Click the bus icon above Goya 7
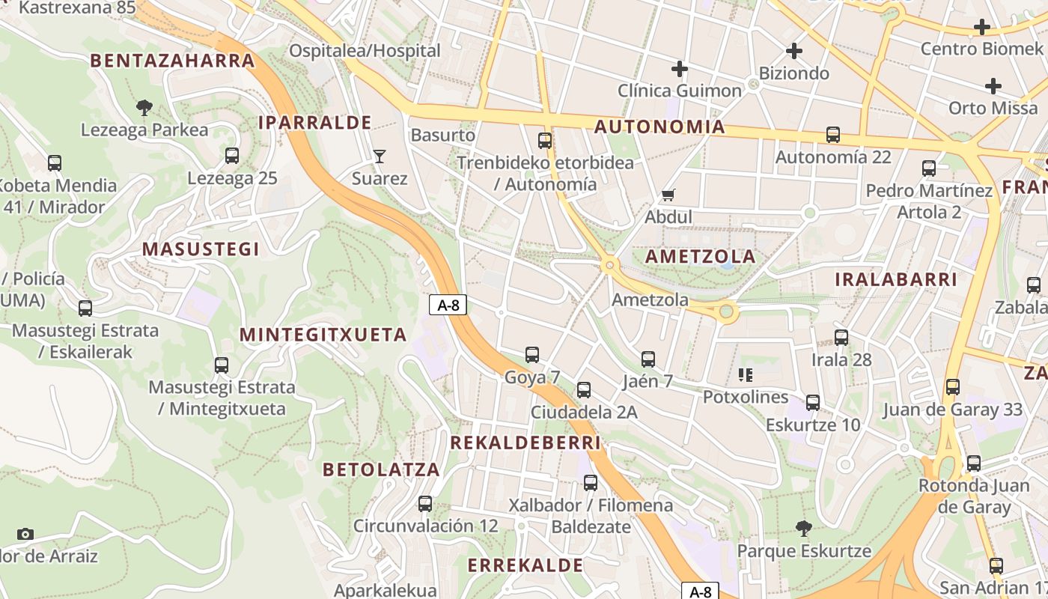[532, 355]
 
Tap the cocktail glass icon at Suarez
[380, 156]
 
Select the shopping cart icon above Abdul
[668, 195]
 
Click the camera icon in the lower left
[25, 534]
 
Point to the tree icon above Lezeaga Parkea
[144, 108]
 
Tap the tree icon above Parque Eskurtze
[804, 529]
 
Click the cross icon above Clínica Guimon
[680, 70]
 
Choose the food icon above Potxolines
[745, 374]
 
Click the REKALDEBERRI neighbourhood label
[525, 443]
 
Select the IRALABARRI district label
[896, 279]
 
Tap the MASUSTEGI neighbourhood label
[201, 249]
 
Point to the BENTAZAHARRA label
[173, 61]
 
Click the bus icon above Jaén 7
[648, 359]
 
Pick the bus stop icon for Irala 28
[841, 338]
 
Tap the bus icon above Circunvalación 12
[425, 504]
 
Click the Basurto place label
[443, 135]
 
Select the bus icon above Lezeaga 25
[232, 156]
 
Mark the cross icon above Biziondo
[794, 52]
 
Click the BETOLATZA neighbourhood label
[381, 469]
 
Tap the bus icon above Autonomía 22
[833, 135]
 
